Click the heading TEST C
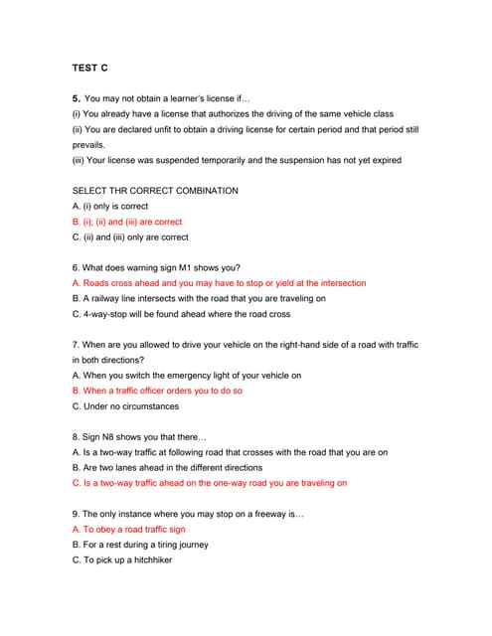90,68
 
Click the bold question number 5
76,99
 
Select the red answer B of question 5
127,222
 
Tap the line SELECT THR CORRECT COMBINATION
155,190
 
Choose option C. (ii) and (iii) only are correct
130,238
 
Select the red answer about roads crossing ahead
219,283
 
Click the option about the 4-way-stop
181,314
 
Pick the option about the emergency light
187,376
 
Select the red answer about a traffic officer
157,391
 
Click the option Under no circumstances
125,406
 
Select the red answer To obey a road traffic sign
129,530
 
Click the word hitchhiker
147,560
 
